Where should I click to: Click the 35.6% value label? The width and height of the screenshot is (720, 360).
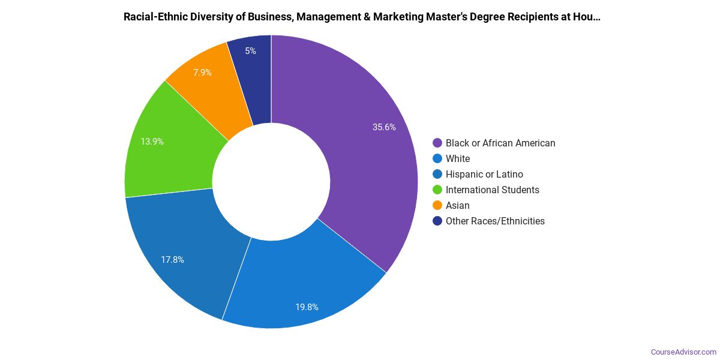384,127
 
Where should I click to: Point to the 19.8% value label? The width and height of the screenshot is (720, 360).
307,307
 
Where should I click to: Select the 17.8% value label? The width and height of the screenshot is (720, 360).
172,260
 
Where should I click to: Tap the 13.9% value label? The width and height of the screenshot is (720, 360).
152,142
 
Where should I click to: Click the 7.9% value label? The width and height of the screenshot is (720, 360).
202,73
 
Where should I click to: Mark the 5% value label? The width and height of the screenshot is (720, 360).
250,51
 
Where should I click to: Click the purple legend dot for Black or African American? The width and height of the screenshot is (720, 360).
437,143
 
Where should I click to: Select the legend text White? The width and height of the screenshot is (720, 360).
458,158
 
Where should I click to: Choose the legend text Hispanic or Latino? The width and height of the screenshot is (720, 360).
484,174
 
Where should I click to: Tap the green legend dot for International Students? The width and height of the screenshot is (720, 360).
437,190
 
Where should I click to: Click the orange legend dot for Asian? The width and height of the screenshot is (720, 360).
437,205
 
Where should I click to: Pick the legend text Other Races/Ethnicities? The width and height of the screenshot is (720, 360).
495,221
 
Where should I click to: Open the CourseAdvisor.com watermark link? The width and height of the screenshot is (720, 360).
683,352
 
